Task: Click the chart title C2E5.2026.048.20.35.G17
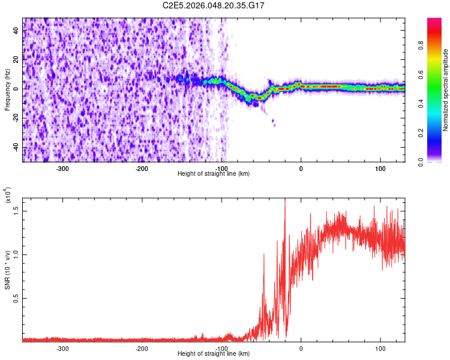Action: [214, 5]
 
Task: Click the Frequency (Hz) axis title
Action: [7, 89]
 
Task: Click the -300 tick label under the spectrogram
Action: [63, 168]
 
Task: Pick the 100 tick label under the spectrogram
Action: [380, 168]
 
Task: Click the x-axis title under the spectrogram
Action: [214, 174]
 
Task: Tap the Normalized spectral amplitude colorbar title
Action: [446, 90]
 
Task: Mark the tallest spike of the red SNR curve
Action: [285, 200]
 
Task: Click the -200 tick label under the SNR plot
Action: [142, 348]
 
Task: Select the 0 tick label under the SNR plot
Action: [301, 348]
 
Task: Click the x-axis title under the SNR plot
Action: [214, 354]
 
